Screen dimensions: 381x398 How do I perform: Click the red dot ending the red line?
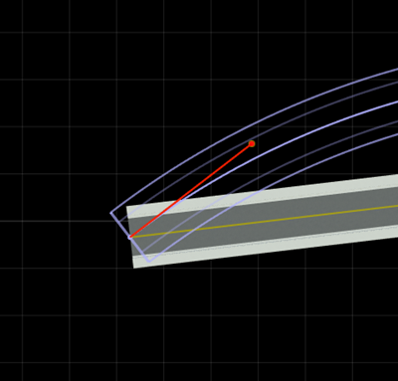pyautogui.click(x=252, y=144)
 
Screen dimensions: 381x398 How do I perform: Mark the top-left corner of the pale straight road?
pyautogui.click(x=126, y=207)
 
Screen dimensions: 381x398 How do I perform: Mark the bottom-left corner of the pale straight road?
pyautogui.click(x=135, y=268)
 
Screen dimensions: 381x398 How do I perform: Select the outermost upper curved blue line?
pyautogui.click(x=249, y=120)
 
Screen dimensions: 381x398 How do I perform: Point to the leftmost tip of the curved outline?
pyautogui.click(x=111, y=213)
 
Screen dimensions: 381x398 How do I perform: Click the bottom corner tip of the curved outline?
pyautogui.click(x=148, y=262)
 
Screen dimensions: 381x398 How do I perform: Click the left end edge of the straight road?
pyautogui.click(x=130, y=237)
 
